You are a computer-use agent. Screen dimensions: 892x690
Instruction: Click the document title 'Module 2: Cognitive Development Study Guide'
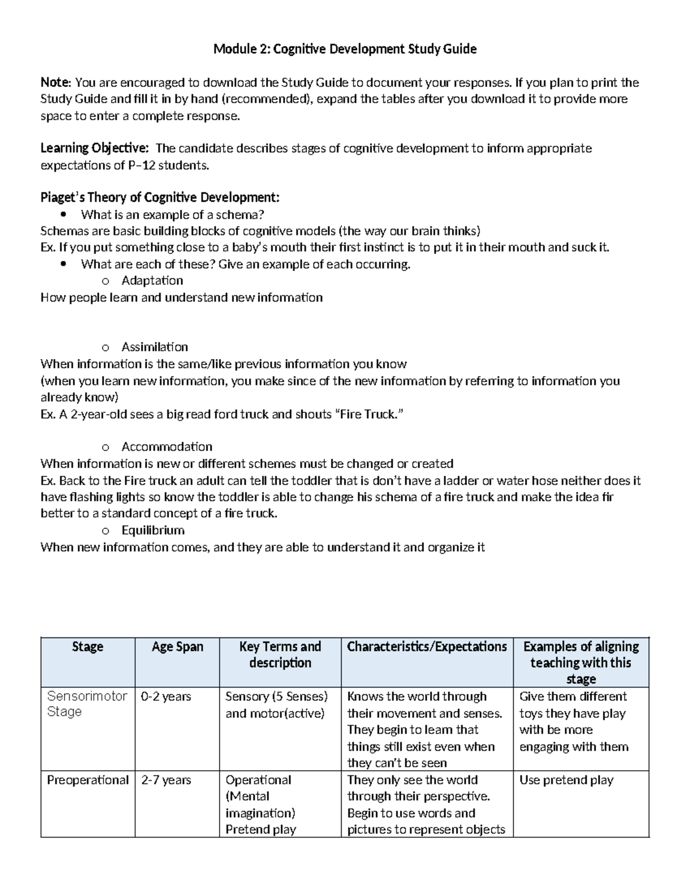click(x=344, y=49)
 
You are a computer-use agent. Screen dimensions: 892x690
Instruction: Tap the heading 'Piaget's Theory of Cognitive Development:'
click(x=160, y=198)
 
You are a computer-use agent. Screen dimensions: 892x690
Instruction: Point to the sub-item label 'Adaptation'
click(x=152, y=281)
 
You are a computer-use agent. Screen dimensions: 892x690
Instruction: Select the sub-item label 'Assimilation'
click(x=155, y=347)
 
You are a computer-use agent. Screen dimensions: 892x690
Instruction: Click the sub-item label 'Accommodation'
click(x=167, y=447)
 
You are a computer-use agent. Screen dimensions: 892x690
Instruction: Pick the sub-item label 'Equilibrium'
click(x=152, y=530)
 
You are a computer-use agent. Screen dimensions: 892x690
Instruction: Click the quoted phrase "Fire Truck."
click(x=365, y=414)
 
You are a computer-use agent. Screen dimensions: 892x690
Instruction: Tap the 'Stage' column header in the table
click(x=87, y=647)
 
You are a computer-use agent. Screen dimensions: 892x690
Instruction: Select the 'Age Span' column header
click(x=177, y=647)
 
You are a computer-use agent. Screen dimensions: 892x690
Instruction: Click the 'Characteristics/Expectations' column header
click(x=427, y=647)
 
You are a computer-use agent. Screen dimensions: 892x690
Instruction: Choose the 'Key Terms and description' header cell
click(x=280, y=655)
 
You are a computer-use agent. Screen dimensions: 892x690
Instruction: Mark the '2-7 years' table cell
click(x=166, y=780)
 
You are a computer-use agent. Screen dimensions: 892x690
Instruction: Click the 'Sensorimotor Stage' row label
click(x=87, y=704)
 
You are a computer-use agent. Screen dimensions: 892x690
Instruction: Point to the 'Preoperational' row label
click(x=87, y=780)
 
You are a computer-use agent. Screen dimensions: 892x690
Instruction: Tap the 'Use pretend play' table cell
click(x=566, y=780)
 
